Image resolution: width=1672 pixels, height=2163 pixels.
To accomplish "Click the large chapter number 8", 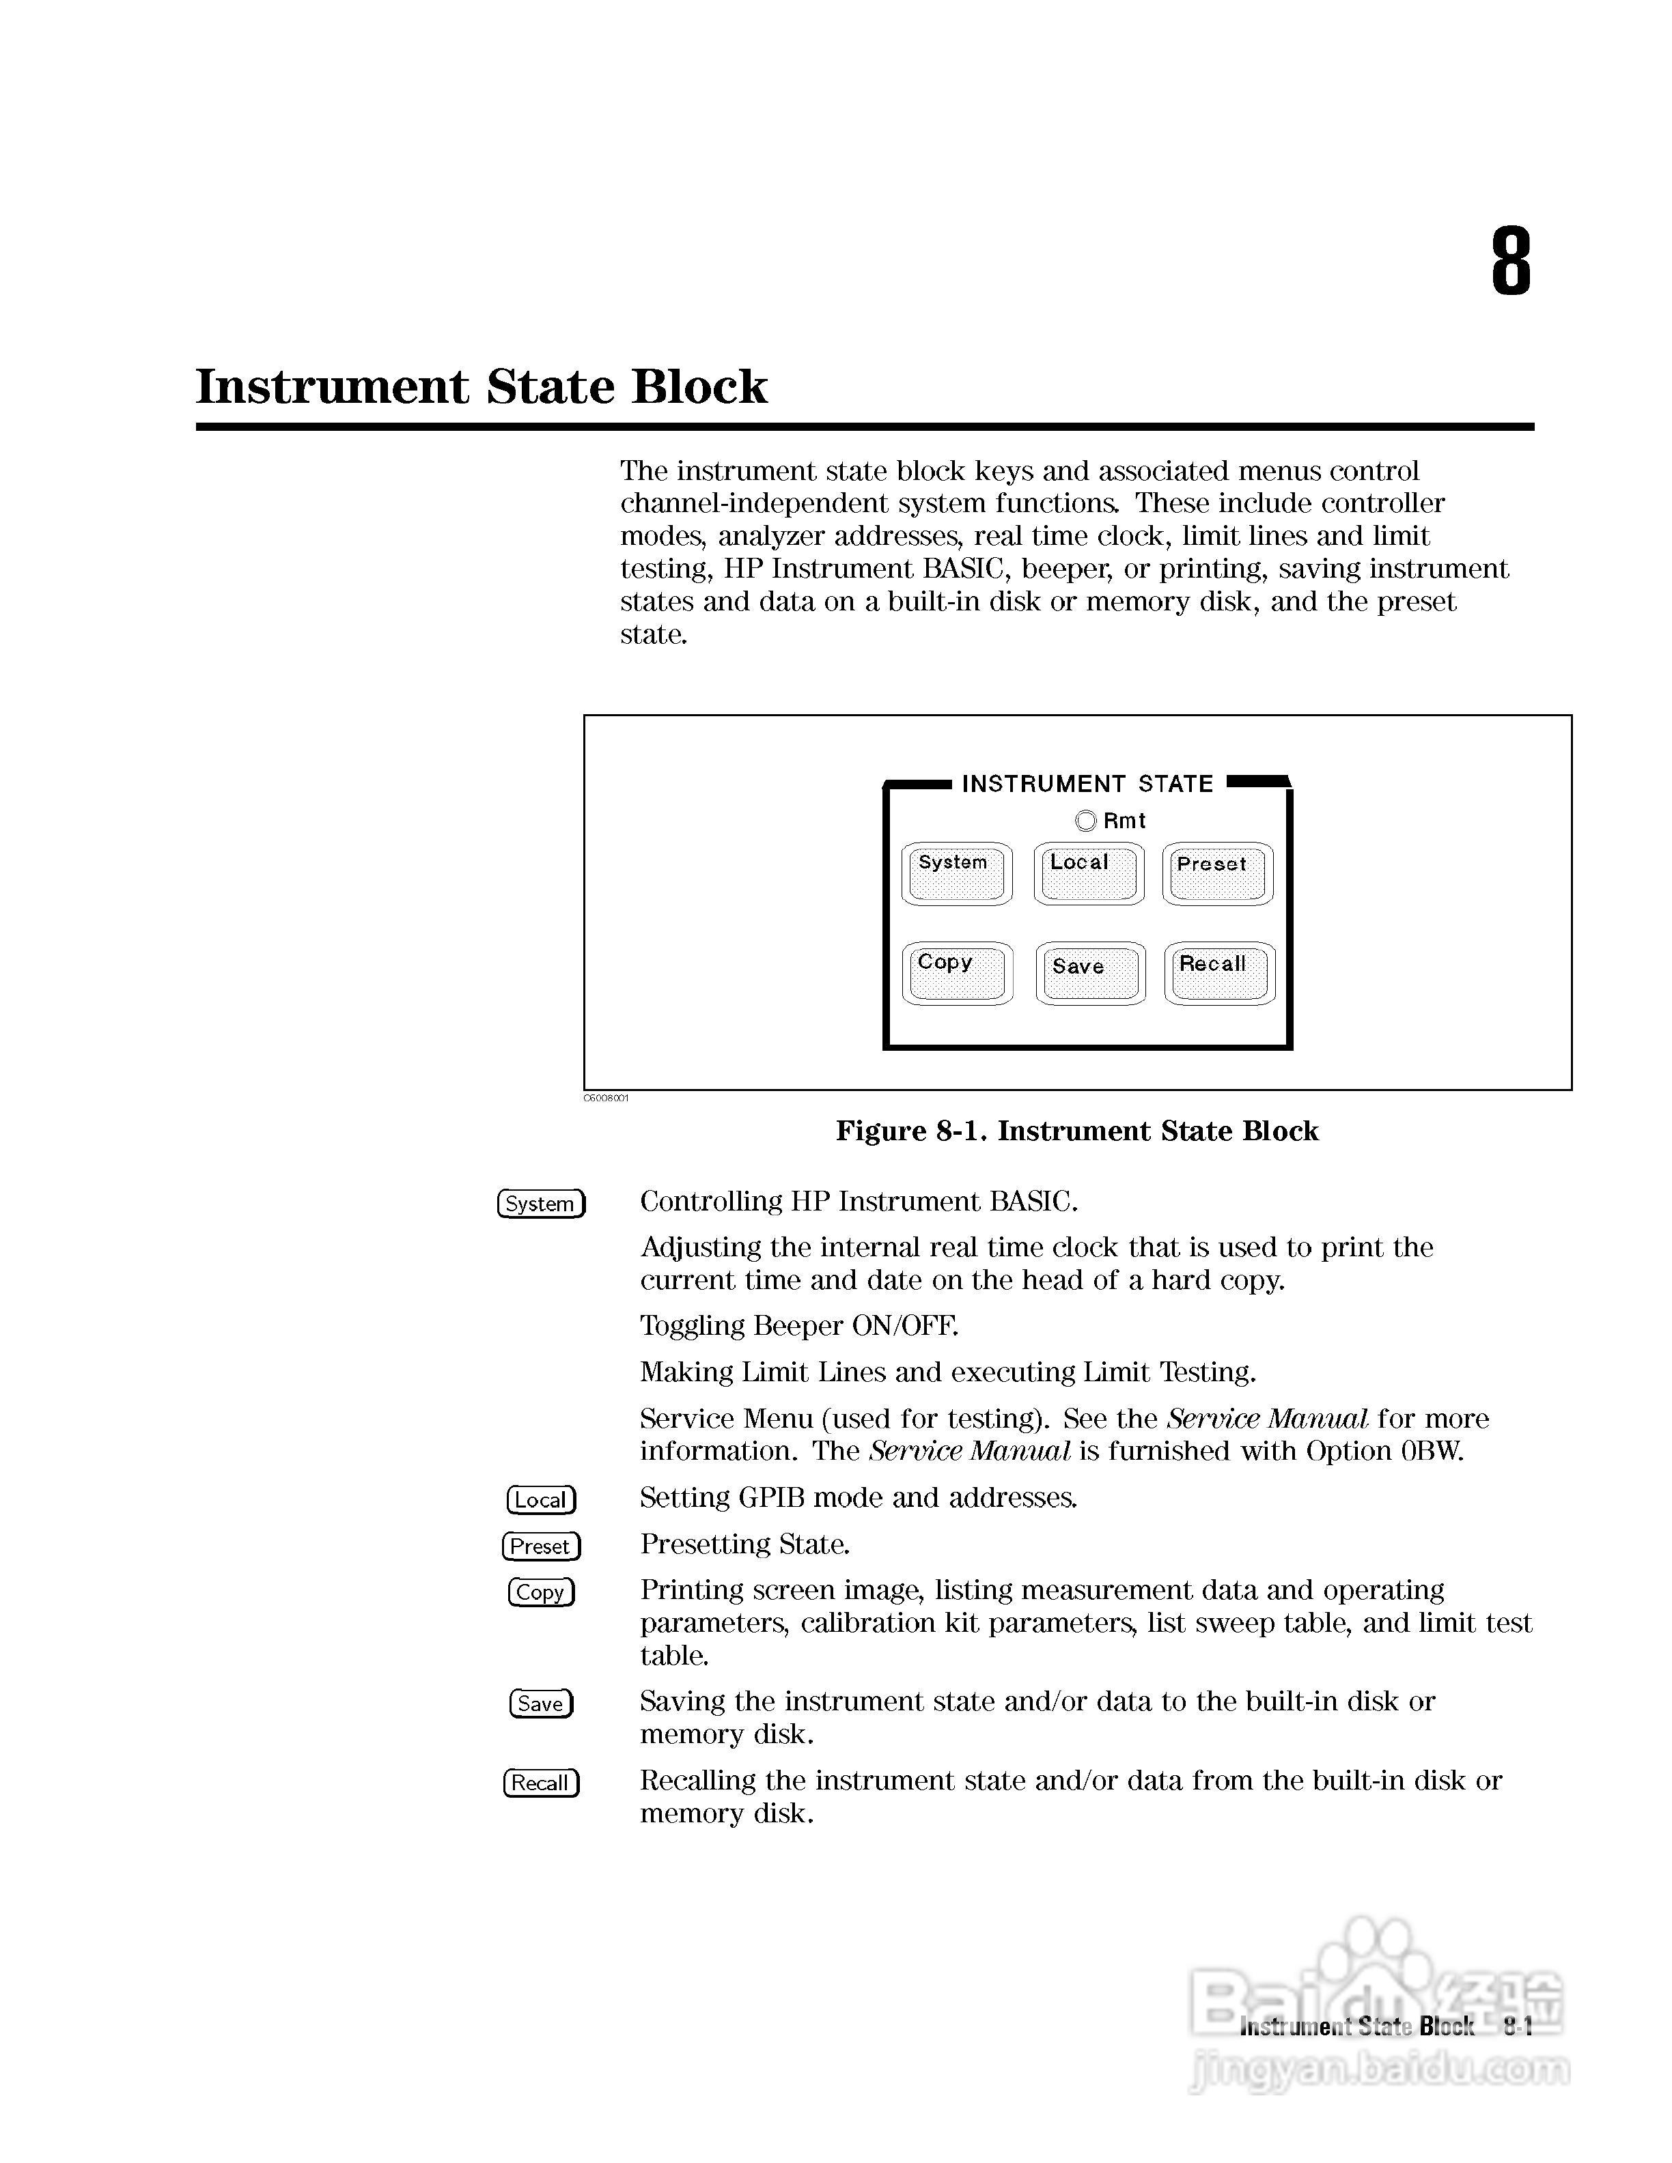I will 1511,261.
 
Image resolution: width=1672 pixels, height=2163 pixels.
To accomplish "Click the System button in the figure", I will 956,873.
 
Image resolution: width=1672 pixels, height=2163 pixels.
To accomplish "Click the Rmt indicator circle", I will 1085,821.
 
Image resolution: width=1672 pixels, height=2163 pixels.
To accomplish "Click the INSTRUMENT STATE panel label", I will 1087,784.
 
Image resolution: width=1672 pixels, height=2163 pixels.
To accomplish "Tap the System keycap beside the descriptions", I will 541,1203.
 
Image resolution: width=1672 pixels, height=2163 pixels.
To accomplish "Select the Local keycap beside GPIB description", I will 541,1499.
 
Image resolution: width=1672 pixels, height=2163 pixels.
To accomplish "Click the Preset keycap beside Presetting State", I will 541,1546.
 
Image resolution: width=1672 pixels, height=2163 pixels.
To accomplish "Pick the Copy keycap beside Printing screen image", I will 541,1592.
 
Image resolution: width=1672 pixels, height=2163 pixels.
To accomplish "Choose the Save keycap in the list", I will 541,1703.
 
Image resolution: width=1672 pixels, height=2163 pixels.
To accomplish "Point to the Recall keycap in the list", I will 541,1783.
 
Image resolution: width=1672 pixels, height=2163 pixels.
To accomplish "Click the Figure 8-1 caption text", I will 1076,1131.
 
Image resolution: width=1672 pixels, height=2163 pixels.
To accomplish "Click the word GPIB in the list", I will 772,1497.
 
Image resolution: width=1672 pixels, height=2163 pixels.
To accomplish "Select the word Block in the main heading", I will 699,386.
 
